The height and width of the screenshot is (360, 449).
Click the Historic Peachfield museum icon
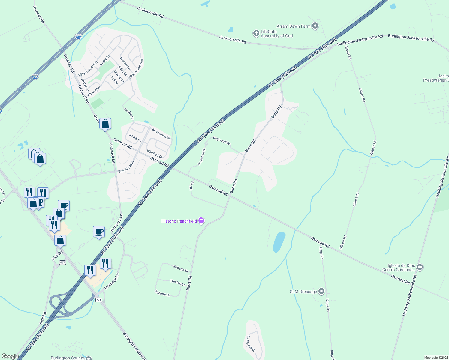201,221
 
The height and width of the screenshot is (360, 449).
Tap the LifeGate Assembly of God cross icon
256,33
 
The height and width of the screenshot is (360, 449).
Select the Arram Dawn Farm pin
315,26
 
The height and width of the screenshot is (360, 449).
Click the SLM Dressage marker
321,291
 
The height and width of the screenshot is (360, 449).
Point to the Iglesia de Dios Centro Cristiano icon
420,267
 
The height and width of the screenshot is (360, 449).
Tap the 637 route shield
62,262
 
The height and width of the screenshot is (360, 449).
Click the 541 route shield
99,300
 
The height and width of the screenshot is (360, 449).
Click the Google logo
10,356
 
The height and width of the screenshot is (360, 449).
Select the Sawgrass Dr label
251,344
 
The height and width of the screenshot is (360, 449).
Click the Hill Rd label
192,186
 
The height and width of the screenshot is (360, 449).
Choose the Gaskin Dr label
129,114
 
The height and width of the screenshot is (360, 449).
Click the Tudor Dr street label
105,60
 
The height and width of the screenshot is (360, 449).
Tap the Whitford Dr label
154,154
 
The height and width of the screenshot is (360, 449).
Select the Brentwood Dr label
161,133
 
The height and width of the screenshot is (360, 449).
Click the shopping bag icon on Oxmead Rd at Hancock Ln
105,124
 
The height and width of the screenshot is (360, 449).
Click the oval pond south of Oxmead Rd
279,242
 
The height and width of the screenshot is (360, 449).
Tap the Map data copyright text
436,358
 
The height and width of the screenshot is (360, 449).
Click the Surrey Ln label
135,137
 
